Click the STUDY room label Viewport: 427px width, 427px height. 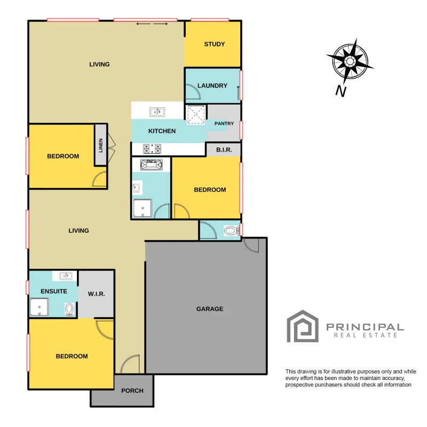pos(214,44)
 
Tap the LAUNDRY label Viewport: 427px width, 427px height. pos(212,85)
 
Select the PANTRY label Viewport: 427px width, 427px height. pos(224,124)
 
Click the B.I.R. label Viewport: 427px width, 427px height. pos(224,151)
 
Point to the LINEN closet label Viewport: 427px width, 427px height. pos(100,145)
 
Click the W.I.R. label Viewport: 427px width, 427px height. pos(96,294)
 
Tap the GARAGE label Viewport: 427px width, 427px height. pos(210,309)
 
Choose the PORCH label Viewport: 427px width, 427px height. pos(132,391)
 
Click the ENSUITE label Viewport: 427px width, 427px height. pos(54,291)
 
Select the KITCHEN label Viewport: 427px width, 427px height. pos(162,131)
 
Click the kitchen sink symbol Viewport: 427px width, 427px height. pos(157,112)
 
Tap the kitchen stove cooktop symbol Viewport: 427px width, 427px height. pos(152,148)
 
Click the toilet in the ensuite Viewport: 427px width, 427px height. pos(69,310)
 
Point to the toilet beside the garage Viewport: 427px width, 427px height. pos(231,231)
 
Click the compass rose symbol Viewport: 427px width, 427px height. pos(350,61)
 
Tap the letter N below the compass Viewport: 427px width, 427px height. pos(341,92)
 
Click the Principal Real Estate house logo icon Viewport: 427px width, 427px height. pos(303,327)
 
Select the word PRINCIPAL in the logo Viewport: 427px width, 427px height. pos(365,327)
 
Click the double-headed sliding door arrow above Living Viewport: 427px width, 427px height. pos(153,24)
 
